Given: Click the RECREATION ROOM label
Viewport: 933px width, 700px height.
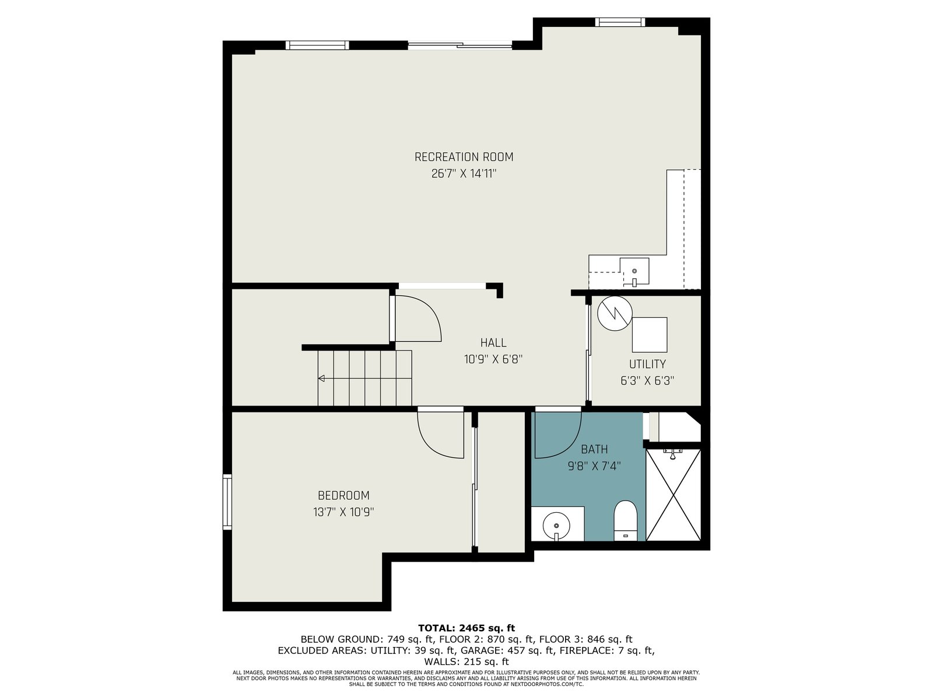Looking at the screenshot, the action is click(x=464, y=157).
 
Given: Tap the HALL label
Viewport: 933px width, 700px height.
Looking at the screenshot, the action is click(x=493, y=342).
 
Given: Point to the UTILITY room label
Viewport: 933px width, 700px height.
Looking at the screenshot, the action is click(x=647, y=364).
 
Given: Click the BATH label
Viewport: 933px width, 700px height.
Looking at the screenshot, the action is click(x=594, y=449).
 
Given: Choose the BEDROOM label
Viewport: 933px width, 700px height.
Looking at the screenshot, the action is click(x=343, y=495).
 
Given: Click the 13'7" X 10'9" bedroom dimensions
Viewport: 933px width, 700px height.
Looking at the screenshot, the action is click(x=343, y=512).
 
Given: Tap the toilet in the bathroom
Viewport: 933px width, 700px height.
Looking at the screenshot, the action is click(x=626, y=520).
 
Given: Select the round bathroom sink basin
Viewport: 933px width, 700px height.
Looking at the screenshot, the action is click(x=556, y=526).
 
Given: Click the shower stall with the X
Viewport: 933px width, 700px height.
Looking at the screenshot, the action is click(x=673, y=495).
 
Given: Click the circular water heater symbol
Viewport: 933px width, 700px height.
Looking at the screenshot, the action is click(x=615, y=314).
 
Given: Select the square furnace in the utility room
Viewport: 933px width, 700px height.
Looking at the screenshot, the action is click(x=650, y=334).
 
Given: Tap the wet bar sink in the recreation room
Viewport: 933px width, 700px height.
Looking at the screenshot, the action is click(x=634, y=271).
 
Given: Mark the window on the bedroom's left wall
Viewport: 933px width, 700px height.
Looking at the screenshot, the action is click(x=227, y=502).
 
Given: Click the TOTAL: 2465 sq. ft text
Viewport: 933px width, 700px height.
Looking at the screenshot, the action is click(x=466, y=628).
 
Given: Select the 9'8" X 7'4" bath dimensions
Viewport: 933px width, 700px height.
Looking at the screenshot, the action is click(x=594, y=466).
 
